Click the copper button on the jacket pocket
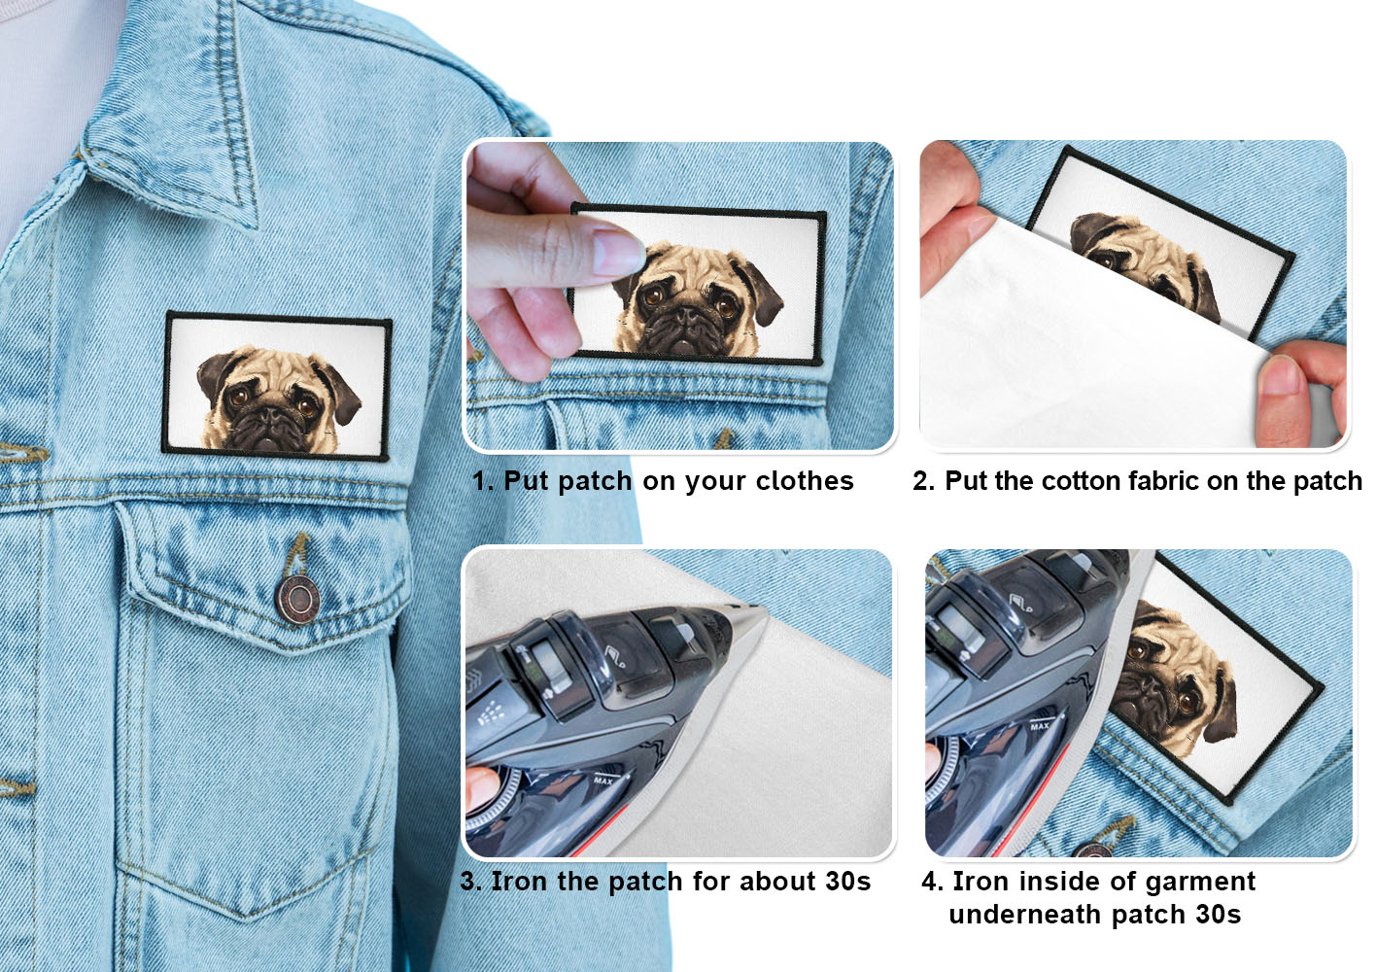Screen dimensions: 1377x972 297,599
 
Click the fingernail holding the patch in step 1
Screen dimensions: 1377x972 619,252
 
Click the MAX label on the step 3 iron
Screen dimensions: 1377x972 603,781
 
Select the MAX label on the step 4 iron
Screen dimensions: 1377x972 1040,726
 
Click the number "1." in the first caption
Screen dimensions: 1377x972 484,481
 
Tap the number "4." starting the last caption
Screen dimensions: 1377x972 933,882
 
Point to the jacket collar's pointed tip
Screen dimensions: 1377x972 255,227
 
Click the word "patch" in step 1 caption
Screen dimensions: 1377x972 595,482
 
